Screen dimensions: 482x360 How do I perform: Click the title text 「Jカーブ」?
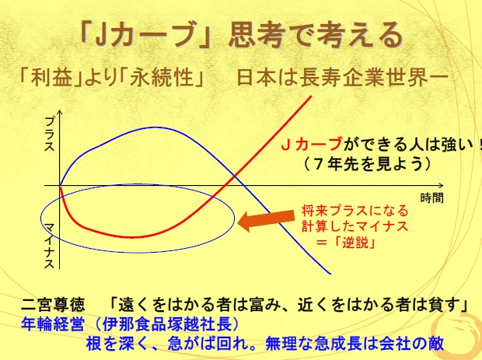coord(145,35)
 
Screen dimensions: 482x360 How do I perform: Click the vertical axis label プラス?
coord(49,135)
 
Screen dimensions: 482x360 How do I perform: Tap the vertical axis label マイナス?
coord(49,246)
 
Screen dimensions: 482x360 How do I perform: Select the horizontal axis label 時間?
coord(432,198)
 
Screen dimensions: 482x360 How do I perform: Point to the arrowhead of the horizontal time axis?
coord(442,185)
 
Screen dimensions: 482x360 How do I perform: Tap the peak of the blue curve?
coord(153,128)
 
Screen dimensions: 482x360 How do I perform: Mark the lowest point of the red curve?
coord(132,237)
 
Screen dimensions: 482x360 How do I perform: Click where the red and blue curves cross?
coord(235,177)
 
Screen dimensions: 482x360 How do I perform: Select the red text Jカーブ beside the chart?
coord(312,144)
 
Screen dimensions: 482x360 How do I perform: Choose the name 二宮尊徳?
coord(53,305)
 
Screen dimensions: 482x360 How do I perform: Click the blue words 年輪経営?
coord(53,323)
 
